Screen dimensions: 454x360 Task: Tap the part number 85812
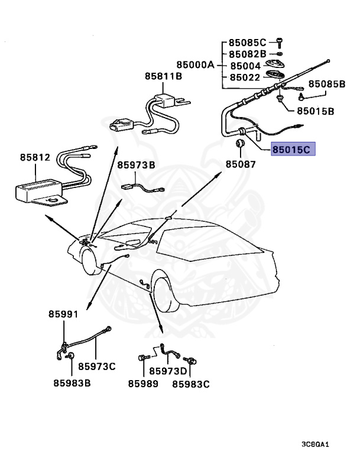(35, 158)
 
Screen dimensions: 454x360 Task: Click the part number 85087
(240, 164)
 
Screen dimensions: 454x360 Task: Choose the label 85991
(63, 314)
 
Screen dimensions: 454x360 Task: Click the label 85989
(143, 384)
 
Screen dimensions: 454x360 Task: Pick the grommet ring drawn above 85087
(241, 144)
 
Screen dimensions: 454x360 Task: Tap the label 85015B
(315, 111)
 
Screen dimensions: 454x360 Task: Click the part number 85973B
(135, 166)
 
